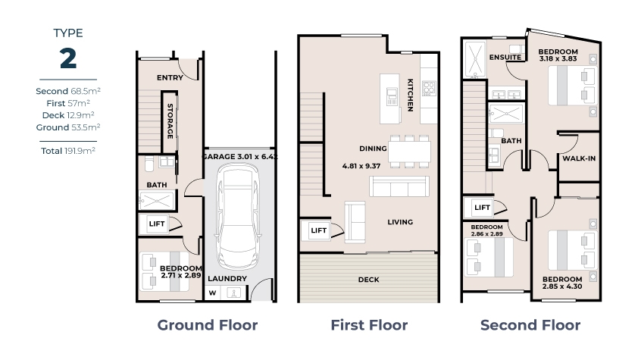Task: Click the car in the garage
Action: coord(238,216)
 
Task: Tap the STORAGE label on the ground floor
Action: coord(170,121)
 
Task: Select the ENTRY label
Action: coord(170,77)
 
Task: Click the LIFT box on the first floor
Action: coord(318,230)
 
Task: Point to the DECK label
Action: coord(369,280)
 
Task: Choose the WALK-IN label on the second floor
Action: coord(579,158)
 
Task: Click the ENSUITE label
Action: coord(505,58)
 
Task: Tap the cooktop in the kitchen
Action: coord(428,88)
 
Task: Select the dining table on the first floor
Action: coord(409,152)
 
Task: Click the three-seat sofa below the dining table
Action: coord(399,186)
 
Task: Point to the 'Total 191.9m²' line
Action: coord(68,151)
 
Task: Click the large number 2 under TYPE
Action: coord(68,58)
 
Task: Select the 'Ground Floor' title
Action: coord(208,325)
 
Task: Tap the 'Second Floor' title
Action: coord(530,325)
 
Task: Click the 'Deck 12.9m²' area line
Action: coord(68,115)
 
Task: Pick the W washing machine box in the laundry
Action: coord(212,293)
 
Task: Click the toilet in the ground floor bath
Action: coord(149,164)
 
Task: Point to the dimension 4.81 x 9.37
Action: coord(361,166)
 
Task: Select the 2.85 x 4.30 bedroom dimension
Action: coord(562,286)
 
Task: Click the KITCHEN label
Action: coord(411,95)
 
